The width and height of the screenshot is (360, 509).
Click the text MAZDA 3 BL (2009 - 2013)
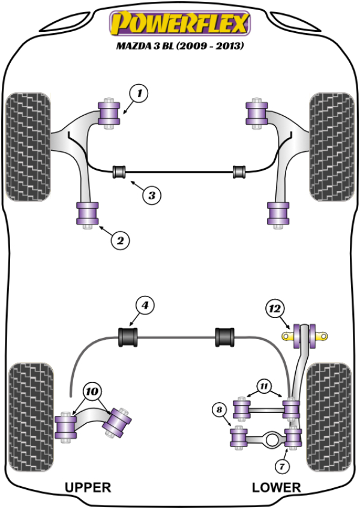click(178, 46)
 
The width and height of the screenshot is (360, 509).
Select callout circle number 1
click(139, 94)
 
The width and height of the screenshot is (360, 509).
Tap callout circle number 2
click(119, 241)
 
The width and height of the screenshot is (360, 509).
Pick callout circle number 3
click(151, 194)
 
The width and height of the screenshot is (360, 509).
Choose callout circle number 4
click(144, 305)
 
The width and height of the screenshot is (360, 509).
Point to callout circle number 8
click(220, 411)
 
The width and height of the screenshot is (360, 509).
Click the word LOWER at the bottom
click(276, 487)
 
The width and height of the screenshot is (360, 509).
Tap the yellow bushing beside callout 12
click(296, 335)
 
